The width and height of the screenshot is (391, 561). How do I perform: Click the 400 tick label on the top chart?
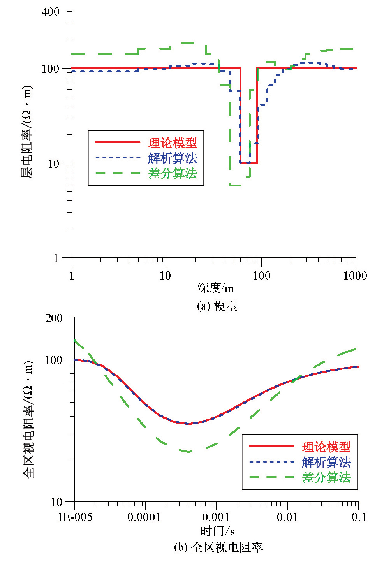51,12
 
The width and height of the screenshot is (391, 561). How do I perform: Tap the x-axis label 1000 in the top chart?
355,276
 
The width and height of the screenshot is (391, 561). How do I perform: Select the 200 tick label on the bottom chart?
54,318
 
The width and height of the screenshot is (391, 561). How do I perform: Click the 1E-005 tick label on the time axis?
75,517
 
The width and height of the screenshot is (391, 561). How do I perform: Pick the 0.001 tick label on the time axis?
216,517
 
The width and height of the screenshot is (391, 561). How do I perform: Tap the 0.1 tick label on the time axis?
359,517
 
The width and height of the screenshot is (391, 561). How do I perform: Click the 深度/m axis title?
215,288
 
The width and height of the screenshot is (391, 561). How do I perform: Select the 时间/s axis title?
217,531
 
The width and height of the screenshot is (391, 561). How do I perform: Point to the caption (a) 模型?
217,306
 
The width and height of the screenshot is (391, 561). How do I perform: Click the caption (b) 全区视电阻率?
218,547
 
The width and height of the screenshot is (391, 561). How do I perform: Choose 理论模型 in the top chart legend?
172,143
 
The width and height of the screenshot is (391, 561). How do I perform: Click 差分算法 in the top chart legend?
172,173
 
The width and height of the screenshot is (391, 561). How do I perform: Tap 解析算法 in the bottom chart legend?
326,462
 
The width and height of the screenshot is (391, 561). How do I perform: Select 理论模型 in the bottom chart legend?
326,447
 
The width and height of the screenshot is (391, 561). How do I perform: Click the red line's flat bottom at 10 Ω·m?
248,163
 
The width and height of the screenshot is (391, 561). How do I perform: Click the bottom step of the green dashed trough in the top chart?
235,185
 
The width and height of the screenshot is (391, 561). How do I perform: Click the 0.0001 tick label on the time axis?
144,517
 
